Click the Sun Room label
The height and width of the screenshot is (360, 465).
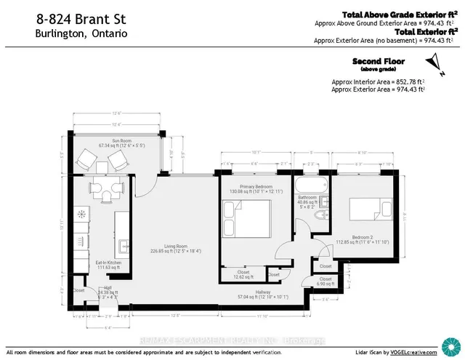tap(112, 140)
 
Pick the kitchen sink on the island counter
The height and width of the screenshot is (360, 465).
tap(124, 244)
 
